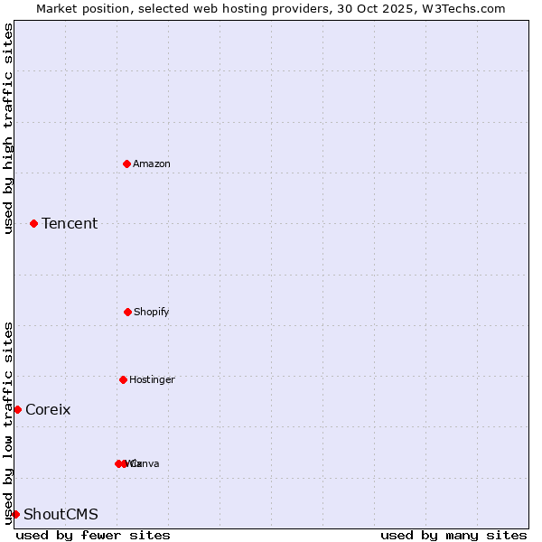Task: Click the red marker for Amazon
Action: tap(126, 164)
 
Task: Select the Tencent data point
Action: tap(33, 223)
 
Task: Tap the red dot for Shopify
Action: tap(127, 312)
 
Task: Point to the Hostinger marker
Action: tap(123, 379)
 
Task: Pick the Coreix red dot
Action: tap(17, 409)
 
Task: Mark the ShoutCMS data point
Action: tap(15, 514)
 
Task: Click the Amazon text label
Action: tap(152, 164)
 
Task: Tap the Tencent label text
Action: tap(70, 223)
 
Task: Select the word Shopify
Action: tap(152, 312)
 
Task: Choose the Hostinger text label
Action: tap(152, 379)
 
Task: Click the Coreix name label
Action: tap(48, 409)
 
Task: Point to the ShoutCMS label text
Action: tap(61, 514)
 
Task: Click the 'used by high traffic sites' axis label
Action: tap(8, 128)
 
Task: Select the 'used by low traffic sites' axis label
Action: tap(8, 423)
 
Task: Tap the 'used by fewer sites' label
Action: tap(93, 535)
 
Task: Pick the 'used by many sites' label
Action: tap(453, 535)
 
